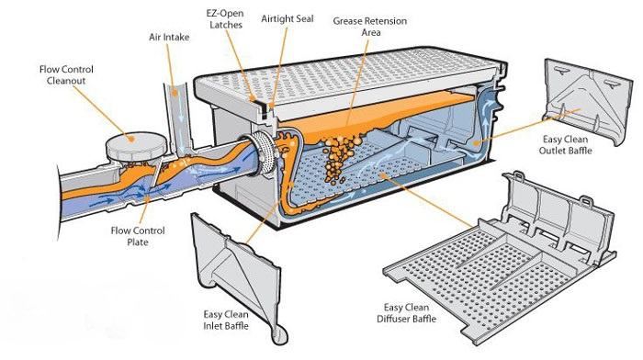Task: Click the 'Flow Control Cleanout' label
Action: point(66,75)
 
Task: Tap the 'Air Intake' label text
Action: point(169,38)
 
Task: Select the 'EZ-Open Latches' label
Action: point(226,19)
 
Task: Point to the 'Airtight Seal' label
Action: point(288,19)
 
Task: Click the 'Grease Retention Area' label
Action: point(370,27)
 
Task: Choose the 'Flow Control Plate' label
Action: point(138,236)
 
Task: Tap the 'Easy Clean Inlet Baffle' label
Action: point(226,321)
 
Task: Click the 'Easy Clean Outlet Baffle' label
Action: point(566,145)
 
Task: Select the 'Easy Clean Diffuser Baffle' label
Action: point(406,313)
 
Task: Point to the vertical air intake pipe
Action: point(177,118)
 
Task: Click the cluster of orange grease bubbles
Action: point(339,159)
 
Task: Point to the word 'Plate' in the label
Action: point(138,242)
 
